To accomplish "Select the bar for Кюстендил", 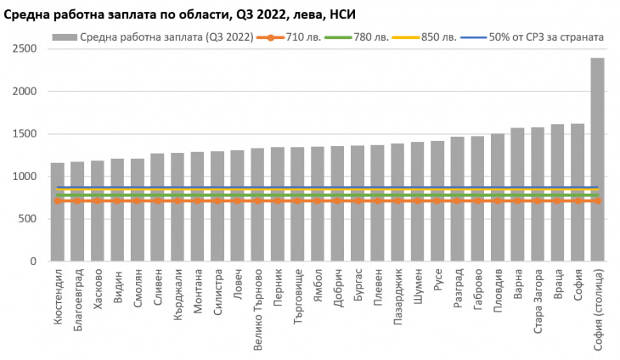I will coord(58,212).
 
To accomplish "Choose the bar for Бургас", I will coord(358,203).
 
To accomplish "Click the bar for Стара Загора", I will coord(538,194).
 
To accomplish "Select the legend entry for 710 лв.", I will coord(290,37).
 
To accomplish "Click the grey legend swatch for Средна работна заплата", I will coord(64,37).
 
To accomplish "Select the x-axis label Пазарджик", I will coord(397,297).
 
